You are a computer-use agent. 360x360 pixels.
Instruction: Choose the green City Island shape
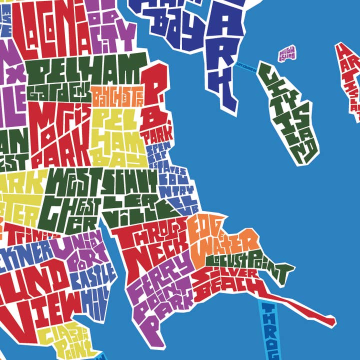290,115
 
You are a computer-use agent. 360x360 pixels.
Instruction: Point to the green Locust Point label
250,262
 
